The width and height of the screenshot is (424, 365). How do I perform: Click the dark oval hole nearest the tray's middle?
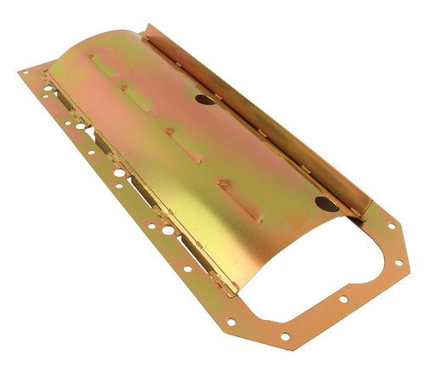tap(204, 99)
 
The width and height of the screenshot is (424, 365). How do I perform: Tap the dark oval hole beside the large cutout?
tap(326, 204)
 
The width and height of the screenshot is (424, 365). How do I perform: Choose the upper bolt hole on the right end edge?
tap(391, 227)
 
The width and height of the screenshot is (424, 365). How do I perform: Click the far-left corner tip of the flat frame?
tap(19, 73)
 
